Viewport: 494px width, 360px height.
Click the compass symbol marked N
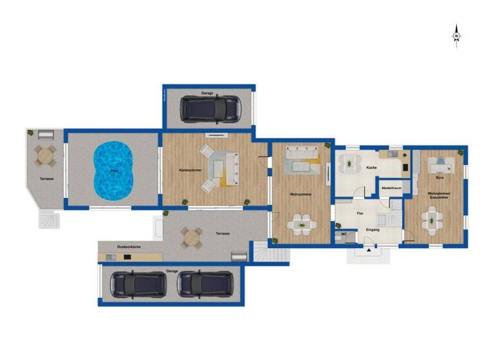pos(456,36)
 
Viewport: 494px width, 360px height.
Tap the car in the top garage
pos(210,109)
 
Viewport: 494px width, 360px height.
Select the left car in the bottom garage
pos(138,283)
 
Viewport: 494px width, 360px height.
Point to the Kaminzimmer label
pos(190,170)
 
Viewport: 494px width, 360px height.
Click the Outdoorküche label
pos(129,247)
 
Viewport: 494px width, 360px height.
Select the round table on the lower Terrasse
pos(191,239)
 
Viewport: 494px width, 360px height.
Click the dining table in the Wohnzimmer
pos(301,224)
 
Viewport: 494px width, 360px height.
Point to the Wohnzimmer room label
pos(301,194)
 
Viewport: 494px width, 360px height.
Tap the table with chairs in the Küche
pos(349,163)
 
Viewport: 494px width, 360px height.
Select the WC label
pos(344,235)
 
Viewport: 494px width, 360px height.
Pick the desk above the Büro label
pos(442,165)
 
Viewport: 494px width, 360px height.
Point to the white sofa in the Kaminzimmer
pos(232,168)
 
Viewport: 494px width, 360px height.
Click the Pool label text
pos(114,171)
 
